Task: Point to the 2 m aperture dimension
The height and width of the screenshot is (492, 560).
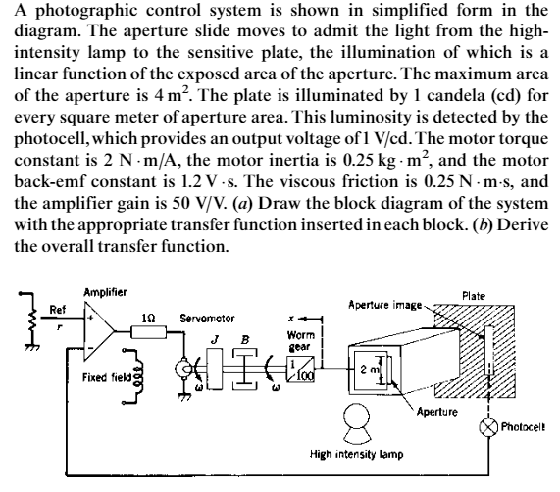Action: coord(388,370)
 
